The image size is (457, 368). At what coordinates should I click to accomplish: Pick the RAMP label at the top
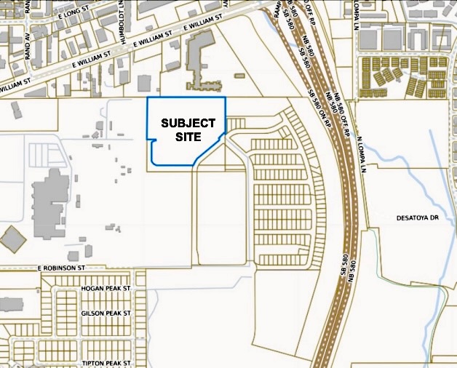click(277, 9)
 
